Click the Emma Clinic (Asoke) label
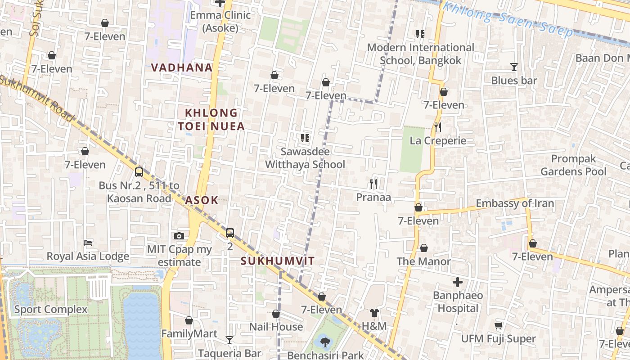click(x=220, y=21)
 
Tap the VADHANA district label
click(x=182, y=67)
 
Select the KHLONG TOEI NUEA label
click(x=211, y=119)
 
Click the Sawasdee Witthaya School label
click(x=305, y=158)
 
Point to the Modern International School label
click(x=420, y=54)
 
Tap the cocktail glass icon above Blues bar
click(x=514, y=67)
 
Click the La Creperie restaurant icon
click(x=437, y=127)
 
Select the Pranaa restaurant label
click(x=373, y=197)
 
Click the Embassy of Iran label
click(x=515, y=203)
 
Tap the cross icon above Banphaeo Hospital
click(x=458, y=282)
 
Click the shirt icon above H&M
click(x=374, y=313)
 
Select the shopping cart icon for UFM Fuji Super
click(x=498, y=325)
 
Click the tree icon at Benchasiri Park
click(x=325, y=342)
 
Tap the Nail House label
click(x=276, y=327)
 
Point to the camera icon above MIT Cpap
click(x=179, y=236)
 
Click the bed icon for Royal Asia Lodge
click(x=88, y=243)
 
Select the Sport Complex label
click(x=51, y=309)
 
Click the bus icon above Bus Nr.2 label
click(x=139, y=172)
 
